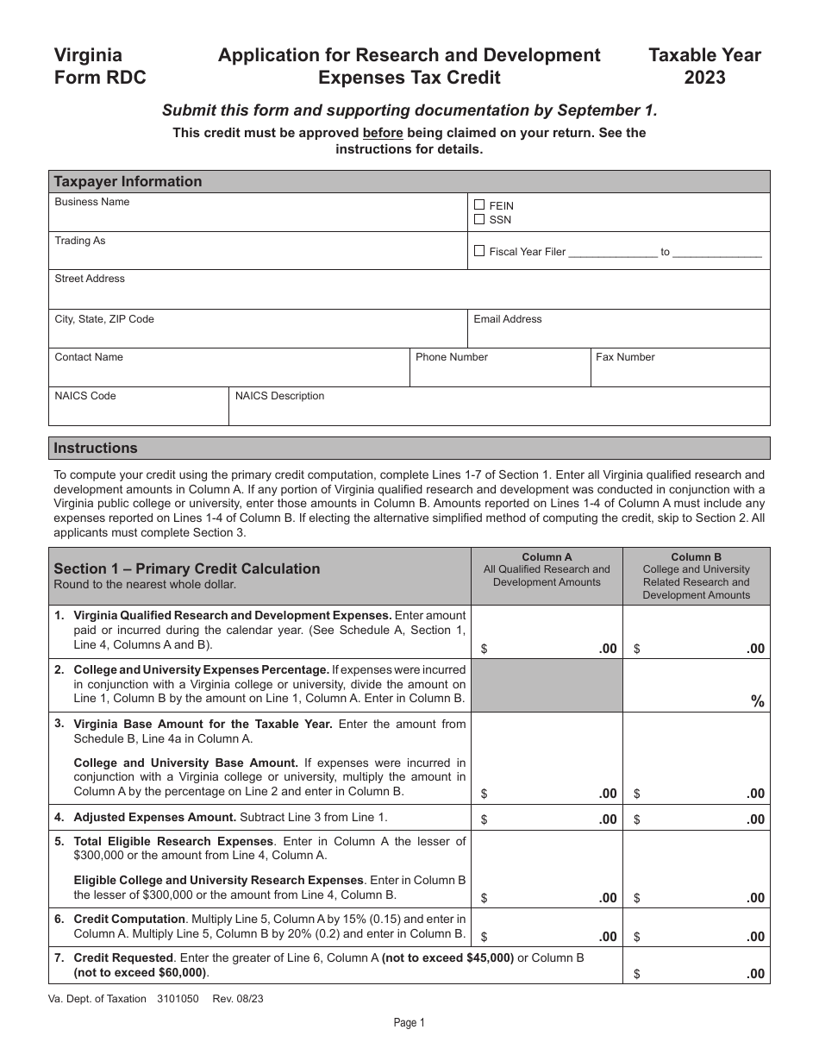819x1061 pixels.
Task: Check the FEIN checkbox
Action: coord(479,205)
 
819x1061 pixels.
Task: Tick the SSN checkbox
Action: coord(479,219)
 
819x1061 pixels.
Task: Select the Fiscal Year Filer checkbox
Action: coord(479,251)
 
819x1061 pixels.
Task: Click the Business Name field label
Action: coord(92,202)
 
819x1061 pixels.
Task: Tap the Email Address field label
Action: coord(508,319)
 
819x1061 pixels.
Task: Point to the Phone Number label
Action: coord(452,357)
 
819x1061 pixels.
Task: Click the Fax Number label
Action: coord(625,357)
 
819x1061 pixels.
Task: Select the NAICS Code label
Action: coord(85,396)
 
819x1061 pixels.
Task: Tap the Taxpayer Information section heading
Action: coord(128,181)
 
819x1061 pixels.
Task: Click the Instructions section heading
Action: coord(96,448)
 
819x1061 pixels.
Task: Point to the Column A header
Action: coord(547,557)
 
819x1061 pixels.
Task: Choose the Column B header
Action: coord(697,557)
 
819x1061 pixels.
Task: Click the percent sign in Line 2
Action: coord(758,701)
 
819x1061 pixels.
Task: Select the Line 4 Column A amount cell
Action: coord(547,819)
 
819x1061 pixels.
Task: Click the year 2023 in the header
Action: coord(704,78)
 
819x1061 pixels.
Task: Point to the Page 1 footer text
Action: coord(409,1023)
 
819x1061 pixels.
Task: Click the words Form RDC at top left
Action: coord(100,78)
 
